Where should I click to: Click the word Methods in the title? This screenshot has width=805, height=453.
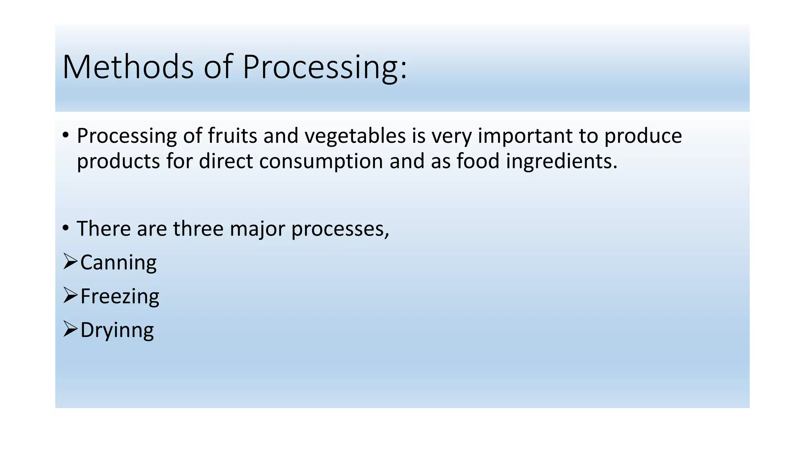pyautogui.click(x=128, y=67)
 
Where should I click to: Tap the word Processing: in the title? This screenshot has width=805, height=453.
pyautogui.click(x=325, y=68)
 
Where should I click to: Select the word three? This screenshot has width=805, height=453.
pyautogui.click(x=198, y=228)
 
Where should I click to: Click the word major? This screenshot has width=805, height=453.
pyautogui.click(x=257, y=229)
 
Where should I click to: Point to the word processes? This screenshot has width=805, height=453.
pyautogui.click(x=340, y=229)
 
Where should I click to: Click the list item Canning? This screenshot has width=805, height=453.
pyautogui.click(x=118, y=263)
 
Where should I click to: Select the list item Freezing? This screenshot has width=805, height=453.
pyautogui.click(x=119, y=296)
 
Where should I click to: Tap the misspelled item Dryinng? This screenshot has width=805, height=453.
pyautogui.click(x=117, y=330)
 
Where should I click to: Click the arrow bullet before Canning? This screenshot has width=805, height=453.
pyautogui.click(x=70, y=261)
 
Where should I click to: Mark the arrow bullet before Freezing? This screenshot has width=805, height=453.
pyautogui.click(x=70, y=295)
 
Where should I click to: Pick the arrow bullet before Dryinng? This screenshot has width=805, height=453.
pyautogui.click(x=70, y=329)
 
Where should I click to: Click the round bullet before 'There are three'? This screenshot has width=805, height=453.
pyautogui.click(x=66, y=228)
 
